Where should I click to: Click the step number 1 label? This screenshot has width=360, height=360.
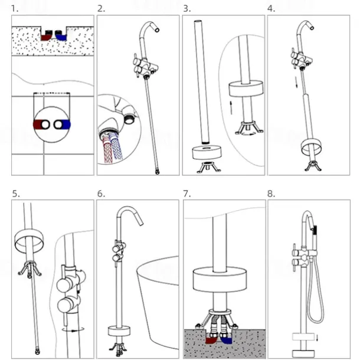(15, 9)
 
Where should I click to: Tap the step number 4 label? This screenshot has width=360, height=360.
(271, 9)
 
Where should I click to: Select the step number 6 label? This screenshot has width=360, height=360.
(101, 194)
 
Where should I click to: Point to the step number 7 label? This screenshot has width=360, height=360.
(187, 194)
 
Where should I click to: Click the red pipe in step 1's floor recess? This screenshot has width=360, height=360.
(45, 37)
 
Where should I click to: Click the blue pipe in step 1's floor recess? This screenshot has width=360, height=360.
(61, 37)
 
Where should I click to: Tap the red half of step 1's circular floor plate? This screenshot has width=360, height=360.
(38, 125)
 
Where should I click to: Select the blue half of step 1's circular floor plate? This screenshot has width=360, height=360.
(66, 125)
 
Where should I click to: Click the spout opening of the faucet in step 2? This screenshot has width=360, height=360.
(157, 30)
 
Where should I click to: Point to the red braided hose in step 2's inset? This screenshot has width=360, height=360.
(107, 150)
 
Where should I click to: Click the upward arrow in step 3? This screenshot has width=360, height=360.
(231, 108)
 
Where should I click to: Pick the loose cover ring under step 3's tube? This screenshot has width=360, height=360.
(207, 152)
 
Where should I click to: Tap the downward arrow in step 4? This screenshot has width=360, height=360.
(296, 82)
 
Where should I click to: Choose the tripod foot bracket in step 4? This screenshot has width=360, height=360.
(313, 166)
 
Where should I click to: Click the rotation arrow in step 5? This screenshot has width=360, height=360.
(73, 330)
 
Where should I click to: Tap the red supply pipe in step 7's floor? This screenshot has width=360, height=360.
(211, 340)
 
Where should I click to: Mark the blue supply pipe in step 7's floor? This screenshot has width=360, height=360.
(227, 339)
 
